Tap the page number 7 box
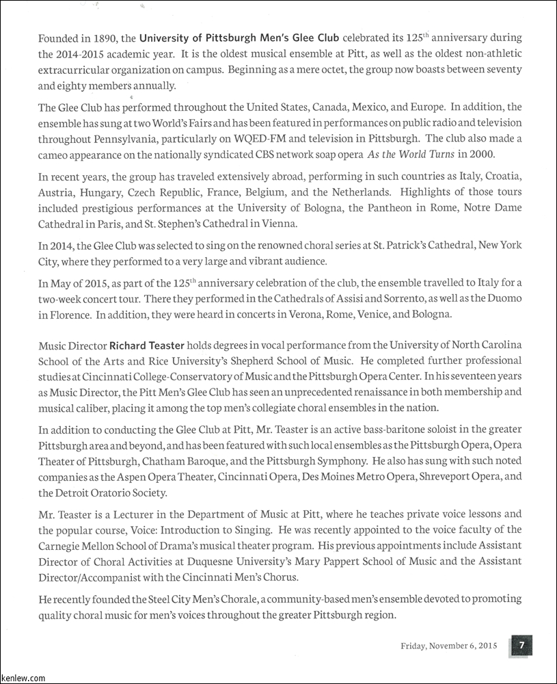(x=521, y=644)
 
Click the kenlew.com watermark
(x=23, y=678)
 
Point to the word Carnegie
(x=61, y=545)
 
